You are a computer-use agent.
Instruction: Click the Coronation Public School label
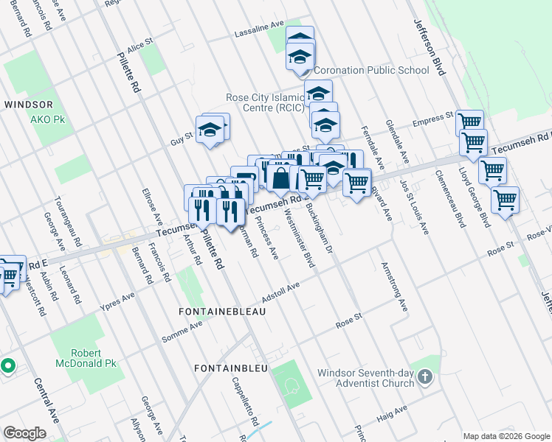tap(371, 71)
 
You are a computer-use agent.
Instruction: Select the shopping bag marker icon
tap(281, 178)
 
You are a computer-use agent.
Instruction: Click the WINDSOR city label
tap(28, 105)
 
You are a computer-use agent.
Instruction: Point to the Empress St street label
tap(432, 119)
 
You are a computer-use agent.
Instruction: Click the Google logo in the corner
tap(24, 433)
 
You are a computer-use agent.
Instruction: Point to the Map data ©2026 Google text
tap(506, 436)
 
